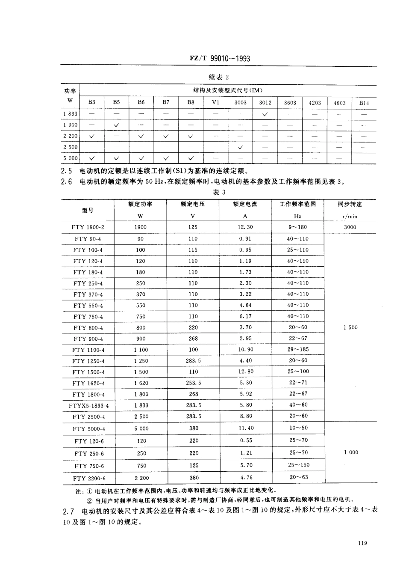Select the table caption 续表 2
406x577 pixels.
[219, 77]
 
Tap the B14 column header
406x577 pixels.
[364, 103]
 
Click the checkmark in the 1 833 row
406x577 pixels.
[265, 114]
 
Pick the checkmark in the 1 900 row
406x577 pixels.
[116, 125]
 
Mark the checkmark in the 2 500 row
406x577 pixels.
[240, 147]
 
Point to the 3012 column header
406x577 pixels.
[265, 103]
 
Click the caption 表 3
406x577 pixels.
[219, 192]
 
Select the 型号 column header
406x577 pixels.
[88, 210]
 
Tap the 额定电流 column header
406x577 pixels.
[245, 204]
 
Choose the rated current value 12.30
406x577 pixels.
[245, 227]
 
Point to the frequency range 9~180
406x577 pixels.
[297, 227]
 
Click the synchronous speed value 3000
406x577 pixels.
[350, 227]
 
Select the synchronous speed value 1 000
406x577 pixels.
[350, 452]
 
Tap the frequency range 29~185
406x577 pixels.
[297, 350]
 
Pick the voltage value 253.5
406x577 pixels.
[193, 383]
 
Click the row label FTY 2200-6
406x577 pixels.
[89, 478]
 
